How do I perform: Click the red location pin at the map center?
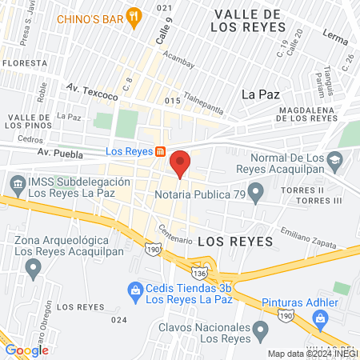(x=180, y=163)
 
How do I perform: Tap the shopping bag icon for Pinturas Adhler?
(x=320, y=319)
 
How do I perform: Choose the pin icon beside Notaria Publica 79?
(x=256, y=192)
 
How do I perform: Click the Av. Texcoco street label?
(x=92, y=92)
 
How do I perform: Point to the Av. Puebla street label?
(x=54, y=151)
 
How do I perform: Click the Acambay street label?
(x=178, y=57)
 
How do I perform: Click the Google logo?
(x=27, y=350)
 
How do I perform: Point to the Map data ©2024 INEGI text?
(x=313, y=354)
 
